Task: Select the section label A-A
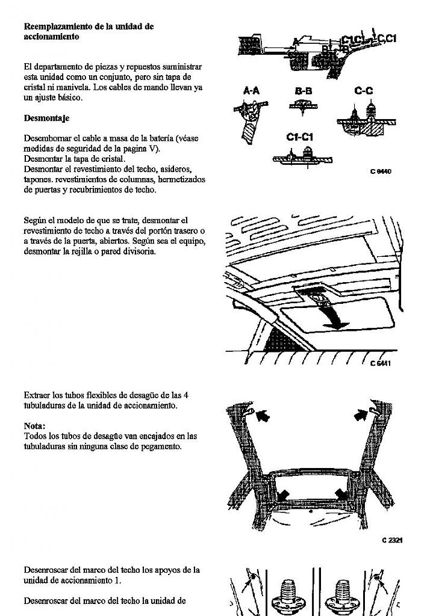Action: [x=251, y=90]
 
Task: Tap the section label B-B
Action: [x=304, y=90]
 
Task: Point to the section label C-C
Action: [x=363, y=90]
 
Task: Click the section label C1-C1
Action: [x=299, y=137]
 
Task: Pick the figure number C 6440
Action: [x=381, y=171]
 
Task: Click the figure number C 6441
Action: [x=381, y=363]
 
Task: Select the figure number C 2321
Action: [x=392, y=540]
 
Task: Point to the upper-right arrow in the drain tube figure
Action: [x=361, y=414]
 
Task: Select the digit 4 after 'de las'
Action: [x=186, y=395]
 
